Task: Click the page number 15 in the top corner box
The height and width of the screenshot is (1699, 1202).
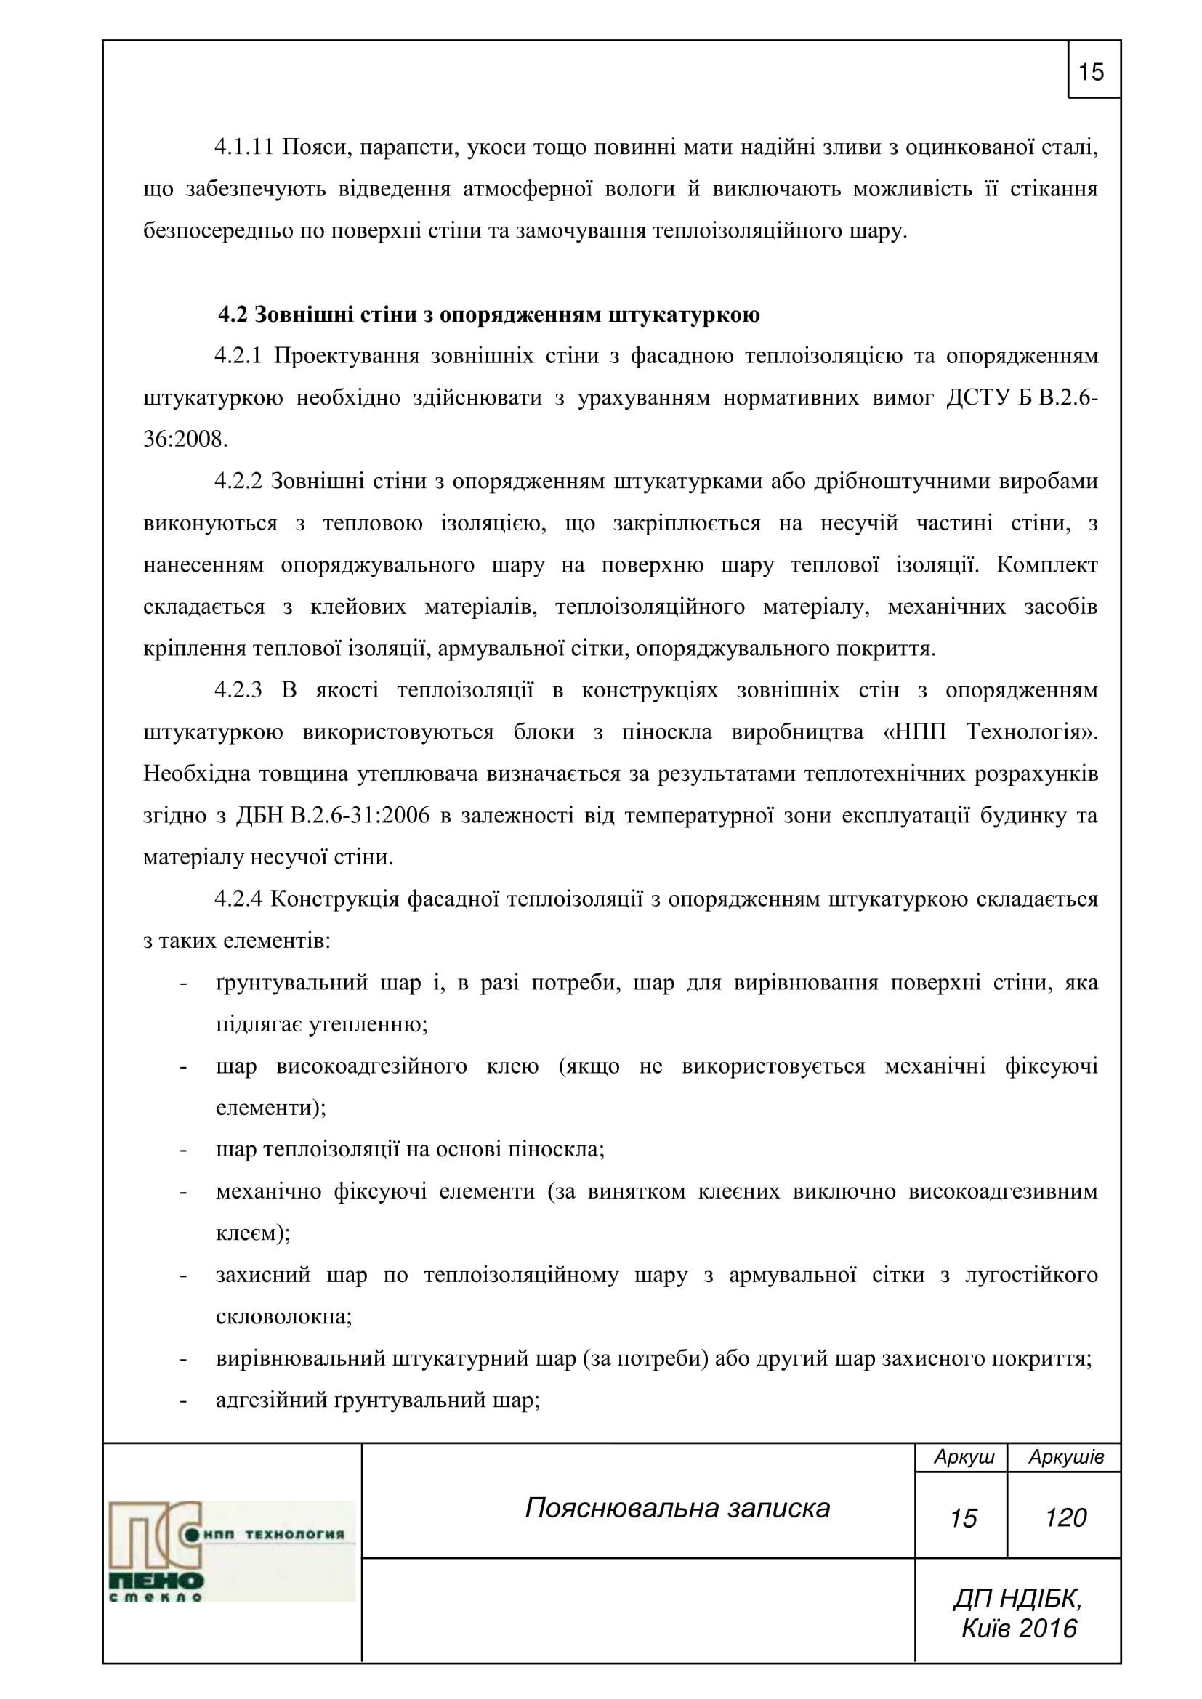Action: point(1091,72)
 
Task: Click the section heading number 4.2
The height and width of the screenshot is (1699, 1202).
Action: point(232,315)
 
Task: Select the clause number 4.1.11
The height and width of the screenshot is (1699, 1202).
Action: point(244,147)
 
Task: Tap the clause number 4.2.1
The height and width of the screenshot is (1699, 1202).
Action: point(238,356)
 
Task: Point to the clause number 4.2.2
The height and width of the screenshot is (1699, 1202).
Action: point(238,481)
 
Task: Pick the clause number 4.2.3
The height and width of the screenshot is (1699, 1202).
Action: point(238,689)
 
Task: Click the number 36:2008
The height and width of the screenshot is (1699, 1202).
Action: point(185,439)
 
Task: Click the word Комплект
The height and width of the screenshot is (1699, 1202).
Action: point(1046,564)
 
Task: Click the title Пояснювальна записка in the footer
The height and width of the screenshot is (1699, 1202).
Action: point(677,1507)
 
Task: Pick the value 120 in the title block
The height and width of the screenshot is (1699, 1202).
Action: point(1066,1517)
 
